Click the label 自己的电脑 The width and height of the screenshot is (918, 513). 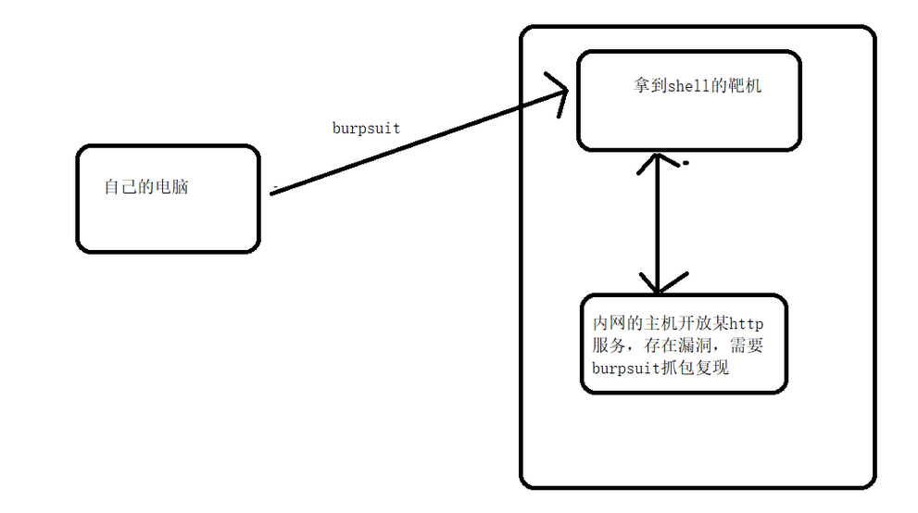[147, 187]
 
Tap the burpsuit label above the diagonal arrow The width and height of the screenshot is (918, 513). [366, 128]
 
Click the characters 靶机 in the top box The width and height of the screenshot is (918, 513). [746, 87]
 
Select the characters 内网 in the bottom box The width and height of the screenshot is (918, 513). [608, 324]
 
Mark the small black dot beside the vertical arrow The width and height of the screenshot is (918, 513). [685, 164]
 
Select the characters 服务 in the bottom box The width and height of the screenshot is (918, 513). [608, 345]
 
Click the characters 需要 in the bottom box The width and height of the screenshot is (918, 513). [747, 345]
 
